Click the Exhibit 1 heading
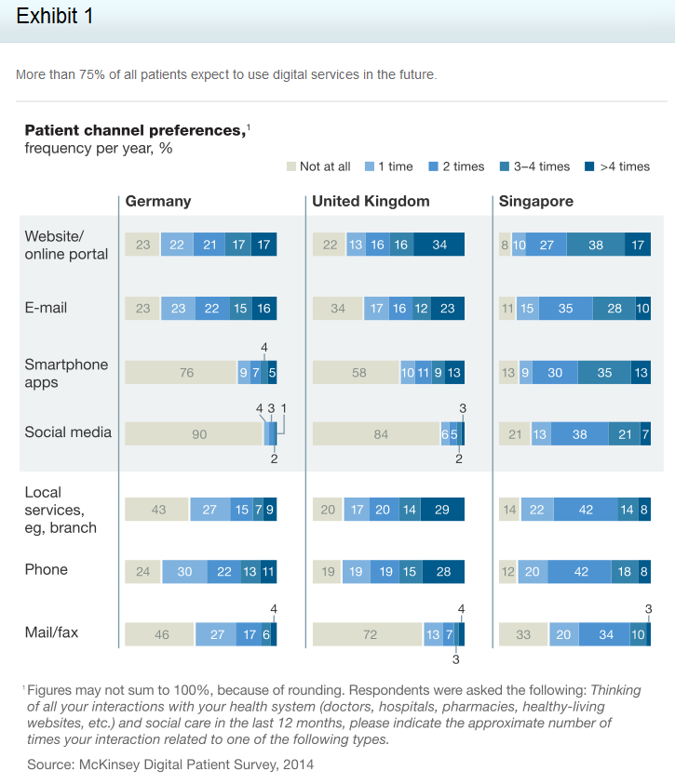pyautogui.click(x=54, y=17)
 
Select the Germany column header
pyautogui.click(x=158, y=201)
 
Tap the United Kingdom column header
pyautogui.click(x=371, y=201)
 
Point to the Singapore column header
pyautogui.click(x=536, y=201)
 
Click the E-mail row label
pyautogui.click(x=46, y=308)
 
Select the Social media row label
pyautogui.click(x=68, y=432)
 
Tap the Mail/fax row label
pyautogui.click(x=51, y=632)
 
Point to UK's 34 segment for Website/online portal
pyautogui.click(x=439, y=246)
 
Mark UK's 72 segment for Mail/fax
pyautogui.click(x=368, y=634)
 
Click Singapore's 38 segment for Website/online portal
pyautogui.click(x=596, y=246)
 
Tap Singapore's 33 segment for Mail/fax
pyautogui.click(x=524, y=634)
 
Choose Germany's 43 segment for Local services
pyautogui.click(x=157, y=510)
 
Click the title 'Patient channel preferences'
pyautogui.click(x=134, y=131)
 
